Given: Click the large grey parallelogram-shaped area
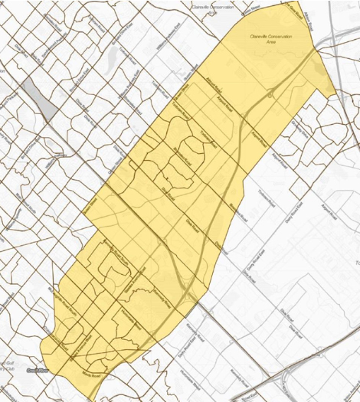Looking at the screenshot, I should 39,100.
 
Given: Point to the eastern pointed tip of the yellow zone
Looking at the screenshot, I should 334,95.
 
